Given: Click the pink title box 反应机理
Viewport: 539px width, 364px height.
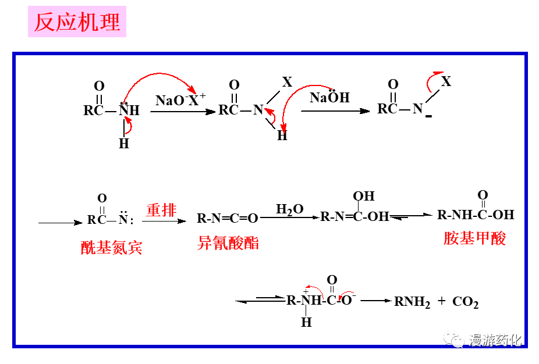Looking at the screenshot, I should coord(77,22).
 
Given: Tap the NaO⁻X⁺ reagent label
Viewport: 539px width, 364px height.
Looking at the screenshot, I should coord(180,99).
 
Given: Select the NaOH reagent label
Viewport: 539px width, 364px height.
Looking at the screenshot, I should coord(329,97).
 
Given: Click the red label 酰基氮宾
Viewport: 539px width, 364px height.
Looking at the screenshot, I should coord(111,248).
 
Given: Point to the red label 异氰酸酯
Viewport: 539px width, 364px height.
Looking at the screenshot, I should coord(228,243).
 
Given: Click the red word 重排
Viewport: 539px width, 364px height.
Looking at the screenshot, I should coord(161,210).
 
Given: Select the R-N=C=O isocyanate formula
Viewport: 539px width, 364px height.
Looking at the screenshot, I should coord(227,219).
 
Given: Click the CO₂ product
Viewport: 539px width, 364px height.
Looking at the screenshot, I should coord(465,302).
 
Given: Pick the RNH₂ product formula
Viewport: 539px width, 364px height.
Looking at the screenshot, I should coord(412,302).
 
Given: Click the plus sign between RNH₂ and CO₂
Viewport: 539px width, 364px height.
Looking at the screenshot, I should coord(441,301).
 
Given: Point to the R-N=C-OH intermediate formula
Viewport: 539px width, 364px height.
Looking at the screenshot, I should coord(354,217).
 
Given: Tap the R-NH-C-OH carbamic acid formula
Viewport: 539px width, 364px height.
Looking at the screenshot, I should coord(476,215).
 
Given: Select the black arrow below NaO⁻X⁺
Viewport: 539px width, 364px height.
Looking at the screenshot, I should coord(182,111).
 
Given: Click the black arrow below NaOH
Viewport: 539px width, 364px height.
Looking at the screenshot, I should coord(335,111).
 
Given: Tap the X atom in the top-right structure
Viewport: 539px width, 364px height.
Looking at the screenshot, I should coord(446,81).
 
